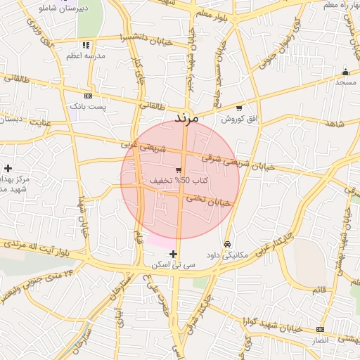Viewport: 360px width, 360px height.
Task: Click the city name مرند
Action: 186,117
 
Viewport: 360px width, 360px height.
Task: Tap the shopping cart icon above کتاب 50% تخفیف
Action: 179,169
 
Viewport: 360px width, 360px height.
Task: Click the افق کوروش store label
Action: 238,119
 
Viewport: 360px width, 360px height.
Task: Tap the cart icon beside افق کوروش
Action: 239,108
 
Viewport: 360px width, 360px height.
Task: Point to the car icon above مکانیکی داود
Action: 226,244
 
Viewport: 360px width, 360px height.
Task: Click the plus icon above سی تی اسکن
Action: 174,254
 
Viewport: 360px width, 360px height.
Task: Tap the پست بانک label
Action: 88,106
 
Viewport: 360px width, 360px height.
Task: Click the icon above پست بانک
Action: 88,96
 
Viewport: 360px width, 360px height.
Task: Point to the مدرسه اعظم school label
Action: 86,55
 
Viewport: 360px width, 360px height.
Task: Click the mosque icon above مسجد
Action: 345,72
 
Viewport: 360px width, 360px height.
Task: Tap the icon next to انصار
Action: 321,329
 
